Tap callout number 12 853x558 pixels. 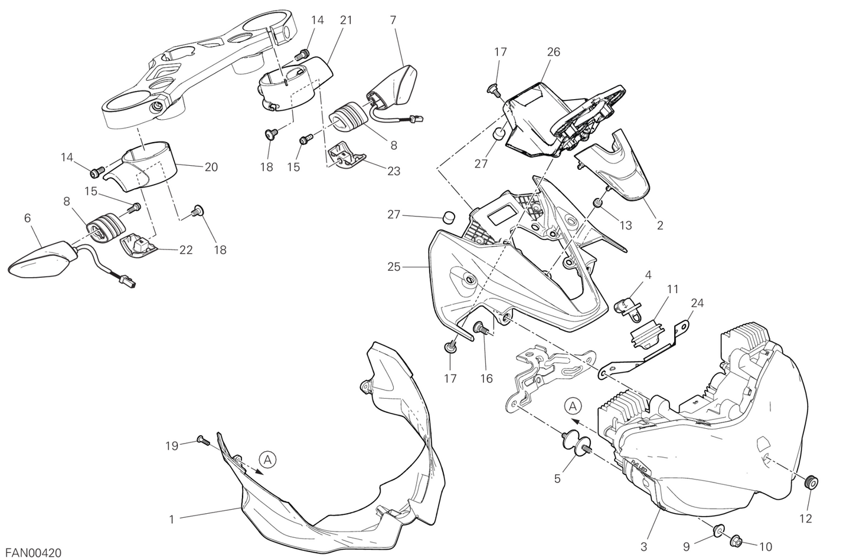pos(805,518)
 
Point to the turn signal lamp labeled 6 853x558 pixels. pos(41,260)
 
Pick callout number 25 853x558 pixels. pos(394,267)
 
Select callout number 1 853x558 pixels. pos(171,520)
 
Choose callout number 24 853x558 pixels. pos(697,304)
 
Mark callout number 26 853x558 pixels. pos(553,52)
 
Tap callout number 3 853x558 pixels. pos(645,546)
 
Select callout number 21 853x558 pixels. pos(346,20)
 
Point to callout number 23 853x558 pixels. pos(393,171)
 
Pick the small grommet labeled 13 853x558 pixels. pos(598,203)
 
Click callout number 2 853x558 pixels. pos(660,225)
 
